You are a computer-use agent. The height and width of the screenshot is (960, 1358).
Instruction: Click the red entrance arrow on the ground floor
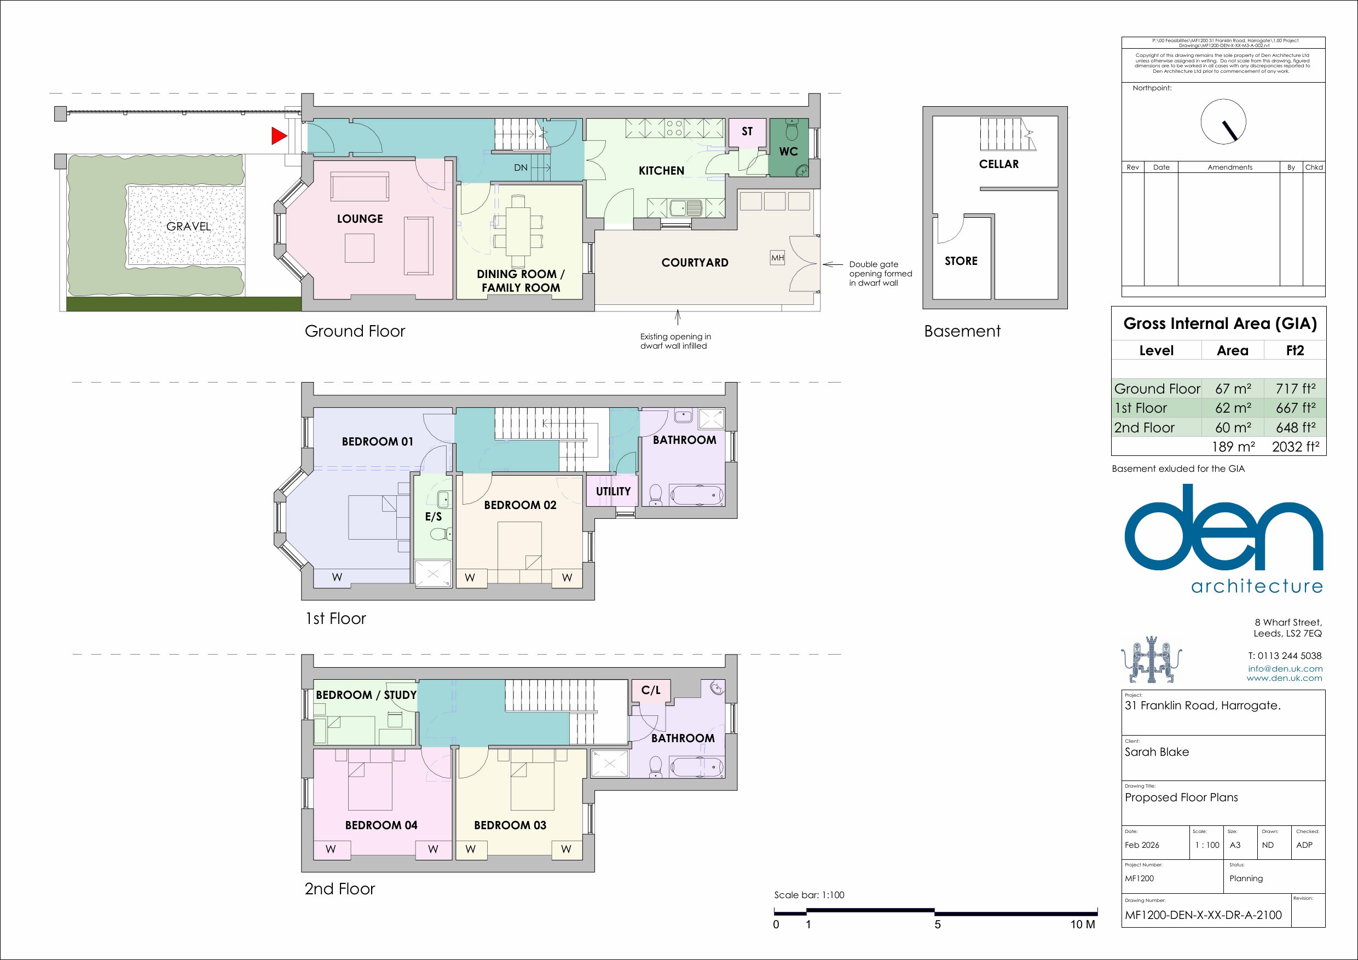coord(278,136)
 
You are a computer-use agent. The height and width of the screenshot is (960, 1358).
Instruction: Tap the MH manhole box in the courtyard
coord(777,258)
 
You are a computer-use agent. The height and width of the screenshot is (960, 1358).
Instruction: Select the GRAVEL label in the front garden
coord(188,226)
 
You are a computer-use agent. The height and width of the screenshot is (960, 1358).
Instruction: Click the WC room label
coord(788,152)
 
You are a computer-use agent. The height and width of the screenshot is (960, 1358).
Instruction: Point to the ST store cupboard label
coord(747,131)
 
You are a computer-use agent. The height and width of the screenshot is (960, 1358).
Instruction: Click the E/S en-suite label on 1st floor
coord(434,516)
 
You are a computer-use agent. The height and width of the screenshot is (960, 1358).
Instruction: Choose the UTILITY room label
coord(614,491)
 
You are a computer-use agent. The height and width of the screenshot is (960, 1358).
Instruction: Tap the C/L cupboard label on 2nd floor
coord(651,690)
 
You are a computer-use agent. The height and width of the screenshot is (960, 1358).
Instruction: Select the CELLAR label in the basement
coord(999,164)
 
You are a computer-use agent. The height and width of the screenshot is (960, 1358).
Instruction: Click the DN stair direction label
coord(521,167)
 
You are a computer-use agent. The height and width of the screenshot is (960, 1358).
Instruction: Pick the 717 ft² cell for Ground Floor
coord(1295,389)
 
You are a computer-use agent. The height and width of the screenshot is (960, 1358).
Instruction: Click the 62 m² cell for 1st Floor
coord(1233,408)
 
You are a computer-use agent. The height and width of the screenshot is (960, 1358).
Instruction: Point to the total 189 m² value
coord(1233,447)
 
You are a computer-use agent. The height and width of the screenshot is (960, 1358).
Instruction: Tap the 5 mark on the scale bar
coord(938,924)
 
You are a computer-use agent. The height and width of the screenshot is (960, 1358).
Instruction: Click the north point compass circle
coord(1223,122)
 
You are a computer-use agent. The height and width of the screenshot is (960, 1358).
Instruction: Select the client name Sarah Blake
coord(1157,752)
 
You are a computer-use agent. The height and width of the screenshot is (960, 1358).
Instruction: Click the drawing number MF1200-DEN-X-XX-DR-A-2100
coord(1203,915)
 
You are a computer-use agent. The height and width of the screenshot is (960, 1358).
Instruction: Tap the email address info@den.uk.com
coord(1285,668)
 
